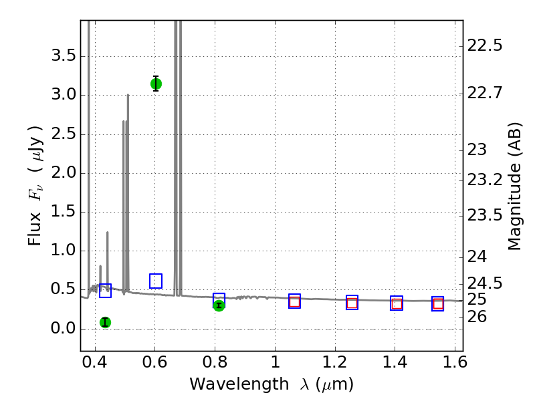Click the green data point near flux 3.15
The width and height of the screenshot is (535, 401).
[156, 84]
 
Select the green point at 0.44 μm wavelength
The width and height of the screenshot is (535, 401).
[105, 322]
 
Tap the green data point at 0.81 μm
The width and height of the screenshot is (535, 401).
[219, 305]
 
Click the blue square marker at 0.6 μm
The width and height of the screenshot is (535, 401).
[156, 281]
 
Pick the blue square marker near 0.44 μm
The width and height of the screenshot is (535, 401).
[105, 290]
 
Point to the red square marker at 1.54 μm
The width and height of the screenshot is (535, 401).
[438, 304]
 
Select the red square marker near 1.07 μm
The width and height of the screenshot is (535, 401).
[294, 301]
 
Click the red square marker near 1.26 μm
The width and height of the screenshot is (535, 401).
[352, 303]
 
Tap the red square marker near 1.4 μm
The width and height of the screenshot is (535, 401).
[397, 303]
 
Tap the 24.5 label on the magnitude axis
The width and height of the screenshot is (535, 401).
[485, 283]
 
